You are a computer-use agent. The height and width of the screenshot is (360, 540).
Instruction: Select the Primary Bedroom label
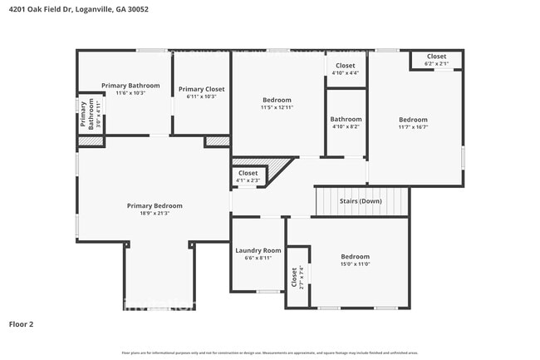(x=155, y=205)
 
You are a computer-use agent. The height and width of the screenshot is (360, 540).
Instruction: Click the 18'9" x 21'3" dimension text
(x=155, y=214)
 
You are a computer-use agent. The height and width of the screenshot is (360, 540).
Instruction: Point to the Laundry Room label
(x=258, y=250)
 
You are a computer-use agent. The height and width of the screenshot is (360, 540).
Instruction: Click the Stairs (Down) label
(x=361, y=201)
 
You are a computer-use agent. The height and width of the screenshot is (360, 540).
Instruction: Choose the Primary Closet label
(x=201, y=89)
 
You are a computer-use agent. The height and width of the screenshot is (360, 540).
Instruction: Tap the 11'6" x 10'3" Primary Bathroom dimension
(x=130, y=93)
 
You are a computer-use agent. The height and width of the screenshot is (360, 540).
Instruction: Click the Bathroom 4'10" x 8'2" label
(x=346, y=122)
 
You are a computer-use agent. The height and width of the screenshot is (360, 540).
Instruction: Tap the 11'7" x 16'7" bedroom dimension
(x=413, y=126)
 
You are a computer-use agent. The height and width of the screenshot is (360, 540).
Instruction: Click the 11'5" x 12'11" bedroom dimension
(x=277, y=107)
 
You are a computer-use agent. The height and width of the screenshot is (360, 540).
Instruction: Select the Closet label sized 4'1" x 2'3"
(x=248, y=176)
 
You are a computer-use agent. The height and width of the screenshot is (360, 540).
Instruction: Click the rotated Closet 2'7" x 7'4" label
(x=296, y=276)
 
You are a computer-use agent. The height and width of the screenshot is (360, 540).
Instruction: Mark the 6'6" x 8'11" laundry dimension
(x=258, y=258)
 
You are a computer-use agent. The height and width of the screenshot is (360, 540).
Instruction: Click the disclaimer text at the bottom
(x=269, y=353)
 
